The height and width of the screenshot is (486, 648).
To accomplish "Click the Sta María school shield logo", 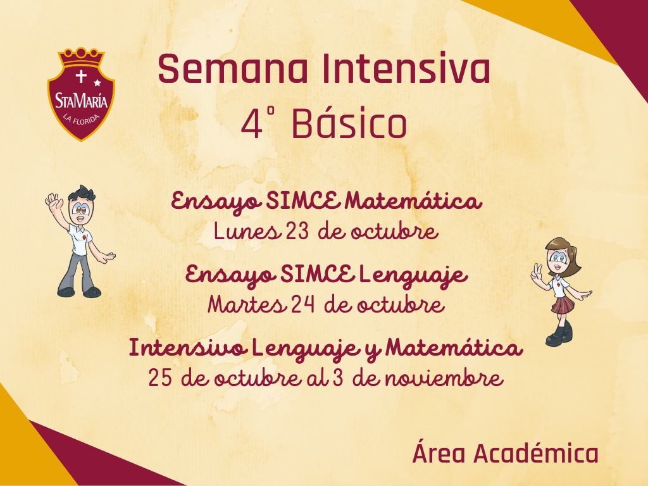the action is click(81, 94).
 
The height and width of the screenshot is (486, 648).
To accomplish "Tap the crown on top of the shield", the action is click(81, 57).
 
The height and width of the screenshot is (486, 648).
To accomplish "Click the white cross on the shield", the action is click(81, 77).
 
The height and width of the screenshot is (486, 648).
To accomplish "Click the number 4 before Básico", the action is click(252, 124).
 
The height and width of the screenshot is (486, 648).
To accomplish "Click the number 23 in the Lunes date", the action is click(297, 231).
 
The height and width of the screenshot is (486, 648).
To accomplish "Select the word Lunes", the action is click(246, 231).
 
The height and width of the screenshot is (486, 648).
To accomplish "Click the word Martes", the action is click(246, 304).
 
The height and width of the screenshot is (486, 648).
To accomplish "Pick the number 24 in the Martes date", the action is click(302, 304).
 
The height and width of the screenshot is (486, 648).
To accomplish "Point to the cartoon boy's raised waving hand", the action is click(54, 202).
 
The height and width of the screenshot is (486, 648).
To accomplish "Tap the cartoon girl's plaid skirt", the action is click(563, 305).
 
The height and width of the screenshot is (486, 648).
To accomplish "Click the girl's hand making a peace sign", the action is click(537, 273).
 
